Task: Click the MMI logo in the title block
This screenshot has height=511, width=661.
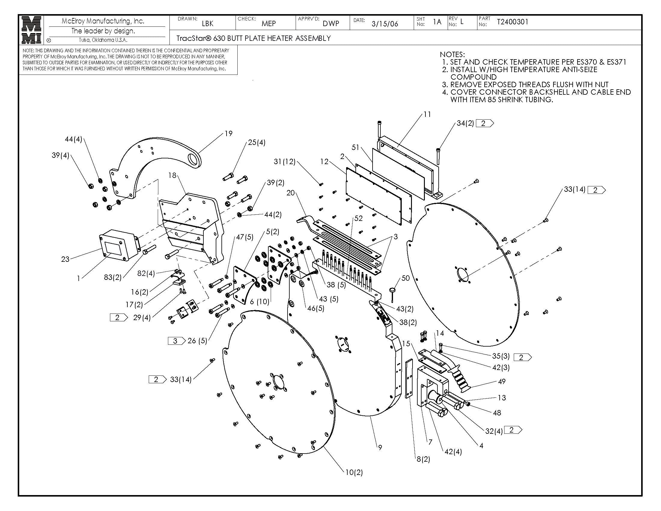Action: point(32,30)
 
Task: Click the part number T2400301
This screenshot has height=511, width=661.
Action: point(512,22)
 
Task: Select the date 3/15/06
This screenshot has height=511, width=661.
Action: point(385,24)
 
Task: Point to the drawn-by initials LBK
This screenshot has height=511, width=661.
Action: point(208,24)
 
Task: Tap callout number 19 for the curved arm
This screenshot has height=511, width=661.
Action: point(229,133)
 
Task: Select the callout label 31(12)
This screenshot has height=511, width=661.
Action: point(284,162)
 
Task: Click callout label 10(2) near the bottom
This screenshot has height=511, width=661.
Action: point(354,472)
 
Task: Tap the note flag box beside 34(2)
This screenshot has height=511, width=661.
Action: point(484,123)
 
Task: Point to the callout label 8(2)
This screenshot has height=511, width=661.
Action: point(423,459)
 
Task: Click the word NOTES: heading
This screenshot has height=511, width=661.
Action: point(452,54)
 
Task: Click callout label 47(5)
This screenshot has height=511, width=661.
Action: point(245,237)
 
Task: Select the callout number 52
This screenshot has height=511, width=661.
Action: point(358,218)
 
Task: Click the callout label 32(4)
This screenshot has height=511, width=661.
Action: point(494,431)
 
